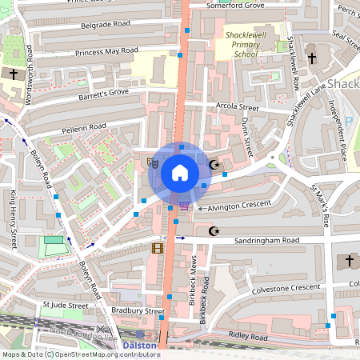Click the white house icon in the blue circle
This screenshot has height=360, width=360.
point(180,172)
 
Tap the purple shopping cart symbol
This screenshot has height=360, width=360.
point(185,205)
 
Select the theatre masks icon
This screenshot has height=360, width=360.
point(154,162)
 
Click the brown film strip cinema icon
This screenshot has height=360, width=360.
point(156,248)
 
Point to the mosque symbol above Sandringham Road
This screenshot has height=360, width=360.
point(213,231)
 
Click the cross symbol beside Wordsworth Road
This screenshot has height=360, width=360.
point(13,74)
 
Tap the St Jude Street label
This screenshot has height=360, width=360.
point(66,305)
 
